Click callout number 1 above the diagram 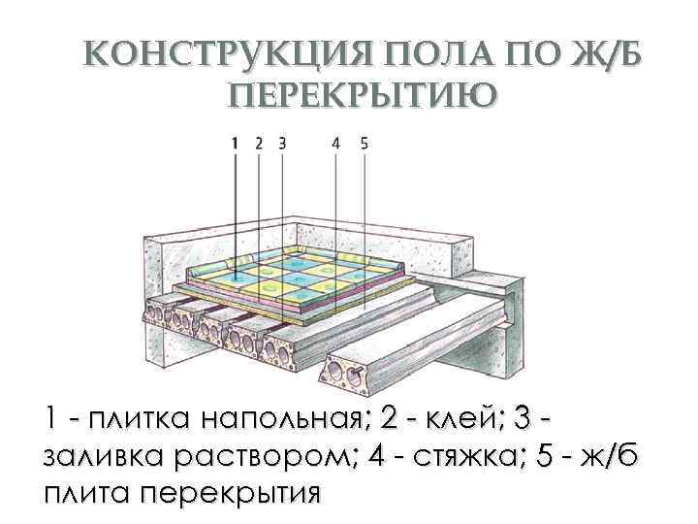click(236, 142)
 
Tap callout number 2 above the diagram click(259, 142)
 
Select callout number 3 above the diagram click(281, 142)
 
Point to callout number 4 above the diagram click(335, 142)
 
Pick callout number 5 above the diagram click(364, 142)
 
